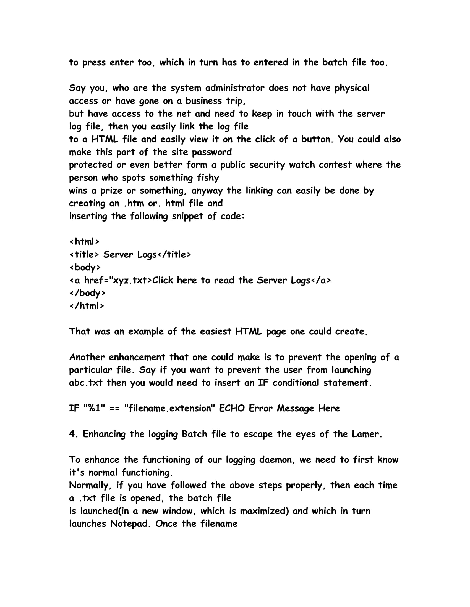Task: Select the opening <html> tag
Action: [84, 242]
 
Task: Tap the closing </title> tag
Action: [174, 255]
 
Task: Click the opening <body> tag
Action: [85, 267]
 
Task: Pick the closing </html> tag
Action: [87, 306]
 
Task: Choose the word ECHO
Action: [232, 408]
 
